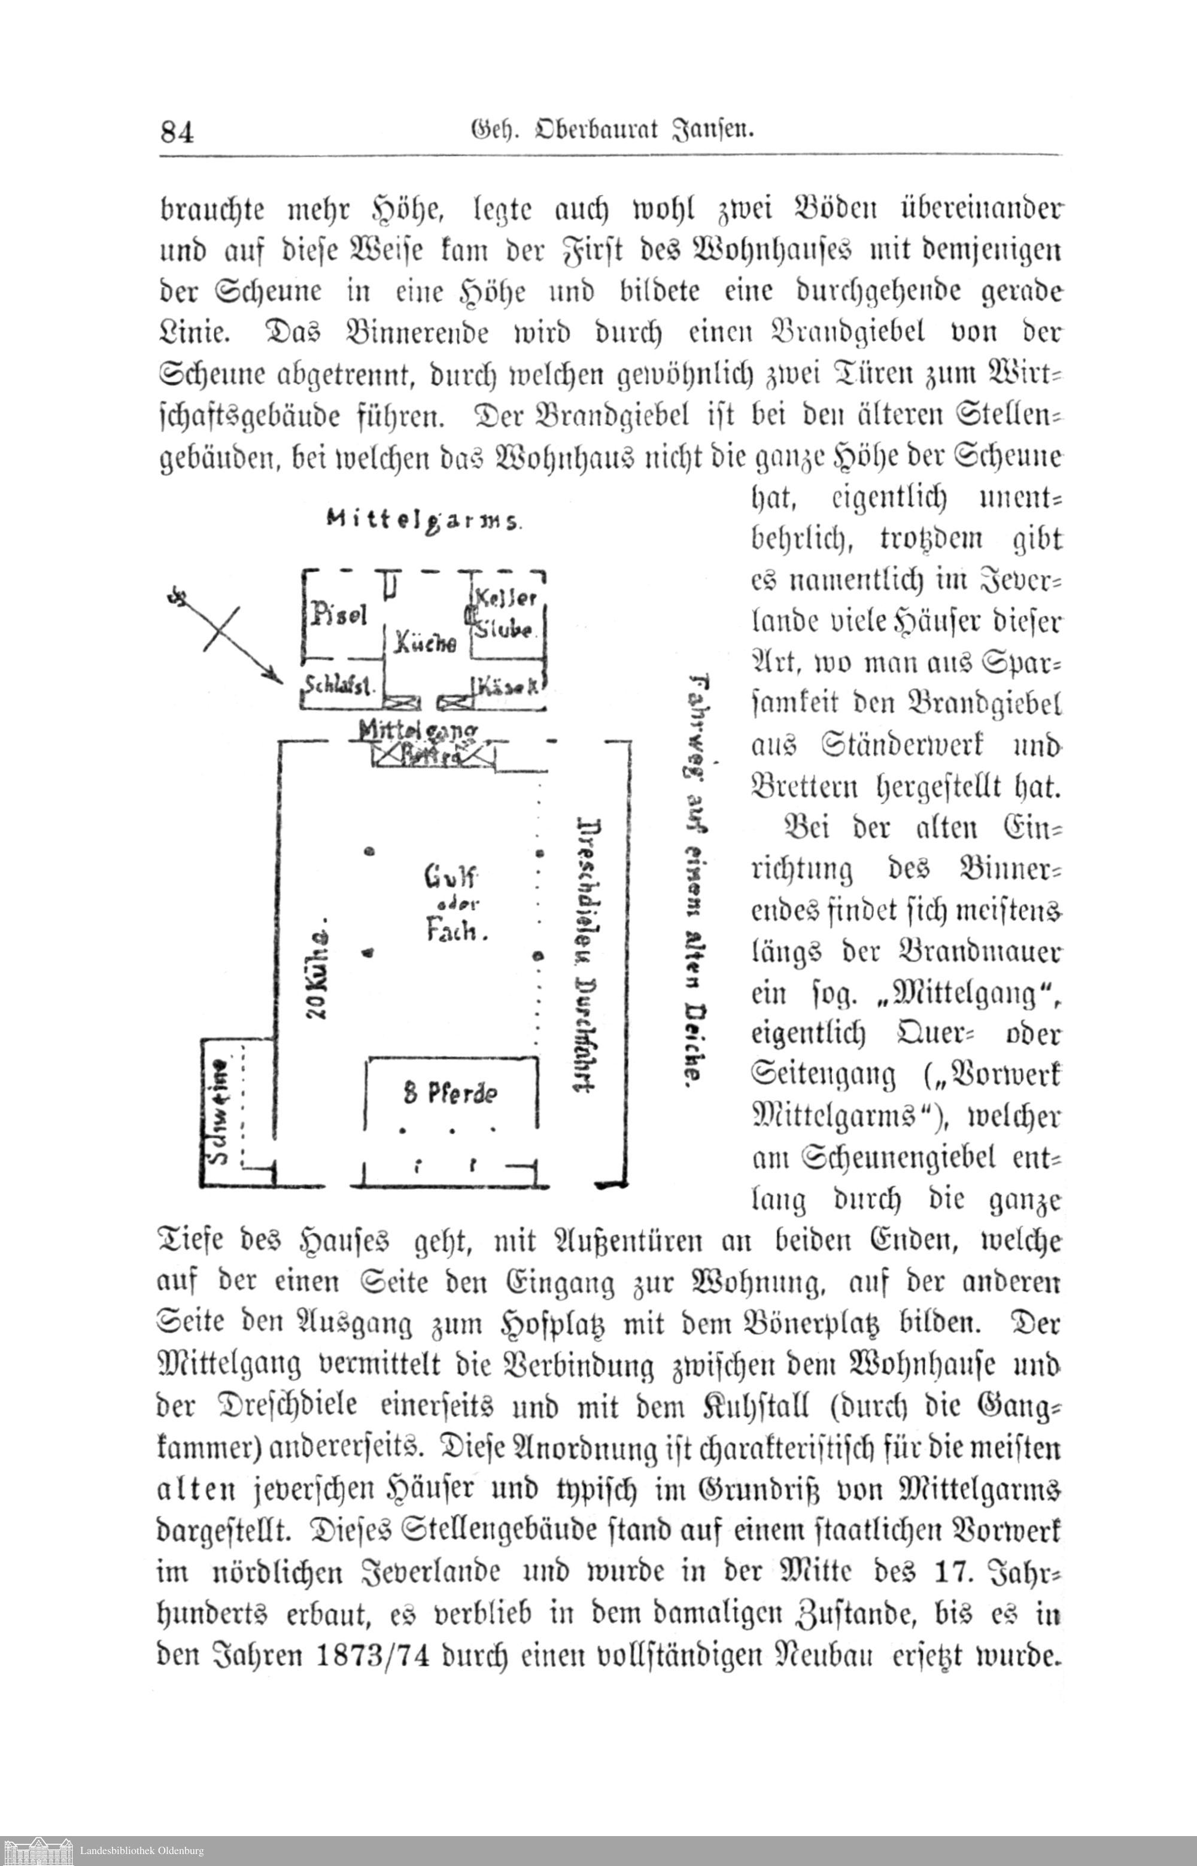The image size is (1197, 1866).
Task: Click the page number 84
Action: click(x=177, y=132)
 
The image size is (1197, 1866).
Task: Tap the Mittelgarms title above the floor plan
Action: click(x=424, y=520)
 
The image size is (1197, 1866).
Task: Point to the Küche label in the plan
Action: click(x=424, y=643)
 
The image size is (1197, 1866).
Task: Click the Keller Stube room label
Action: click(x=506, y=613)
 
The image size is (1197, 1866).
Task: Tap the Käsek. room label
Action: click(x=509, y=686)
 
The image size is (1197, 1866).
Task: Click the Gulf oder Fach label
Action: click(x=452, y=904)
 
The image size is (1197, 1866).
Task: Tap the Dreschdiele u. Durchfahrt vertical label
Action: click(x=588, y=955)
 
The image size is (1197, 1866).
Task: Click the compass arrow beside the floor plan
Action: click(x=226, y=635)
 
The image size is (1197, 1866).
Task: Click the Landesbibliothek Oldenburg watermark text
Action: click(x=142, y=1850)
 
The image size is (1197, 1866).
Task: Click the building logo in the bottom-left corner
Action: click(x=37, y=1850)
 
